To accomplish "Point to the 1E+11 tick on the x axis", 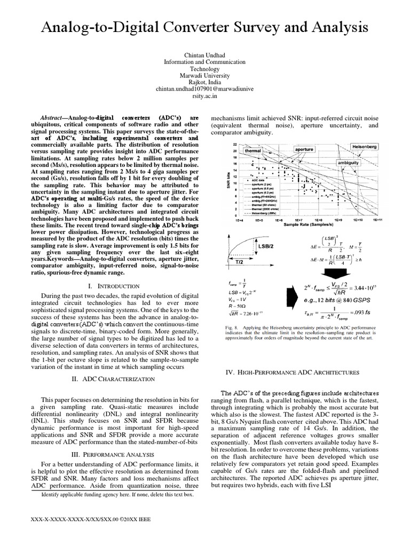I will point(377,220).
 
